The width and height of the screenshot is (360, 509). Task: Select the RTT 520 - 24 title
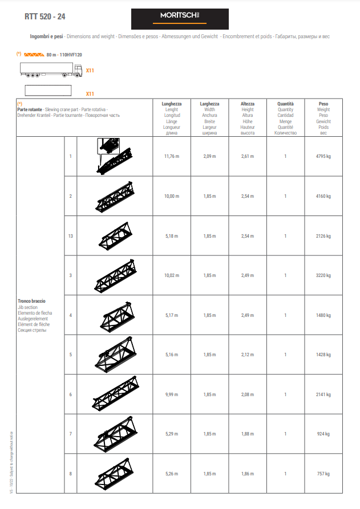pos(45,17)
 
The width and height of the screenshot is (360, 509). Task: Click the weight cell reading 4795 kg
pos(323,156)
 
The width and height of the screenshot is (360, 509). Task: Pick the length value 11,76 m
pos(172,156)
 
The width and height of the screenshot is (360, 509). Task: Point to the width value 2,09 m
pos(209,156)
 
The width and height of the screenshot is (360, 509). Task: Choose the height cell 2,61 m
pos(248,156)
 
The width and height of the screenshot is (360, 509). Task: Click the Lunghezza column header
pos(172,104)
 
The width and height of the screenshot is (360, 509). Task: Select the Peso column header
pos(323,104)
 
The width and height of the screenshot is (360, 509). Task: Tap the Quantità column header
pos(285,104)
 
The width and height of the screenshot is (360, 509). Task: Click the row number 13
pos(70,236)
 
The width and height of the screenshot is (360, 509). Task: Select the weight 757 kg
pos(323,474)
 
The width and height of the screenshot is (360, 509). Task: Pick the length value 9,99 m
pos(172,394)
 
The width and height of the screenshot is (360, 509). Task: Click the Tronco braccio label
pos(32,301)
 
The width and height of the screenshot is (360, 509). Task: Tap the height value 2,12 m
pos(248,355)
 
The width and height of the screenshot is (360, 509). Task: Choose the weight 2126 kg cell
pos(323,236)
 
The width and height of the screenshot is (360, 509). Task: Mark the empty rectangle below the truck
pos(48,91)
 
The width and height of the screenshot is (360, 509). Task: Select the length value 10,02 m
pos(172,275)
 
